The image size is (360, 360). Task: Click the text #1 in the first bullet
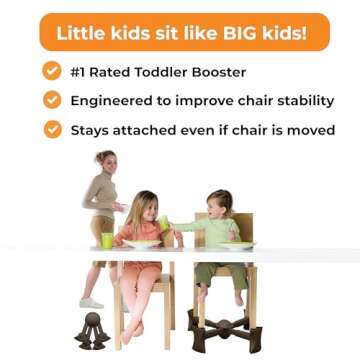[81, 72]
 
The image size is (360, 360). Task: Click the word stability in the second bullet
[298, 101]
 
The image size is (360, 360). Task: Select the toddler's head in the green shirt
[217, 205]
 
